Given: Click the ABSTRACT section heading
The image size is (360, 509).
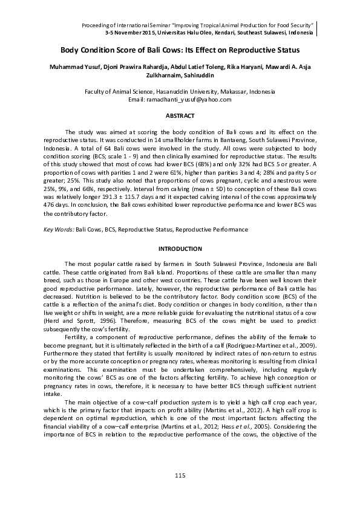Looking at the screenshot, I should coord(180,115).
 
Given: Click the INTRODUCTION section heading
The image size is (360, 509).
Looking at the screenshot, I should coord(180,249).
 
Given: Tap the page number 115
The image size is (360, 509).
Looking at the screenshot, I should coord(180,476).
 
